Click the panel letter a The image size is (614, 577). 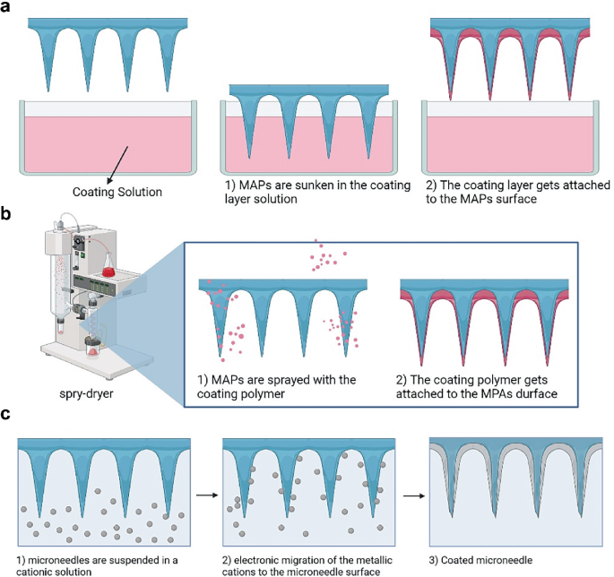(x=7, y=9)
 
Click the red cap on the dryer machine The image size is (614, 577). (x=111, y=270)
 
